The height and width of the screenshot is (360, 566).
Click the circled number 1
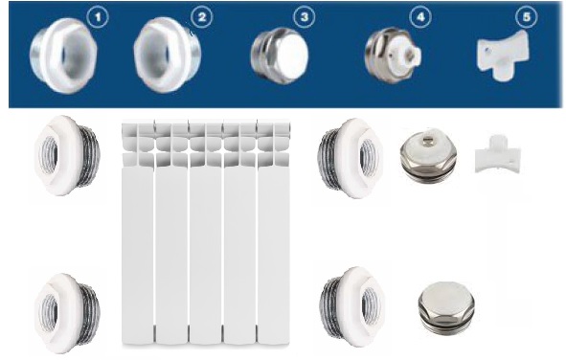pos(98,17)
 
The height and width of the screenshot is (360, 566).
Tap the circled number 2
pos(201,17)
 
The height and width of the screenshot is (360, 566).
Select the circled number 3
pos(304,17)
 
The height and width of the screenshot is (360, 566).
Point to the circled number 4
pos(420,17)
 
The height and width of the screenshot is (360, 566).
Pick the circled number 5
pos(526,17)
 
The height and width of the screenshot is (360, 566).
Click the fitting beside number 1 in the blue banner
pos(63,56)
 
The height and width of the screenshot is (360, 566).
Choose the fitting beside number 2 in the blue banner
pos(168,55)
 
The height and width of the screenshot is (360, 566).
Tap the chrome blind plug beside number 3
pos(280,56)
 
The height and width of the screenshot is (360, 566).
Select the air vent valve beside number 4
pos(393,56)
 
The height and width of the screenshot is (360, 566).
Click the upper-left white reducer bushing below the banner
pos(67,155)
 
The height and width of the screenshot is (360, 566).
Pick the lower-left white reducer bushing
pos(67,313)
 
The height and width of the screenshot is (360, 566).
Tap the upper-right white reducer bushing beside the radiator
pos(351,158)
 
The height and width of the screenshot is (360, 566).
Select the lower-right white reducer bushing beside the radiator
pos(351,307)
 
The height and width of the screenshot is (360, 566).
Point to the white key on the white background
pos(498,154)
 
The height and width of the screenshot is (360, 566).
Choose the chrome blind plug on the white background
pos(446,306)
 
